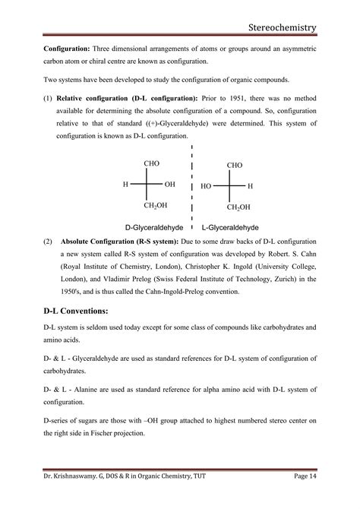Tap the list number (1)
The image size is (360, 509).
click(47, 98)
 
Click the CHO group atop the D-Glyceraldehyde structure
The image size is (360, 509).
click(151, 163)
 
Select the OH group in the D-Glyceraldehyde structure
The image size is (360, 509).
click(169, 185)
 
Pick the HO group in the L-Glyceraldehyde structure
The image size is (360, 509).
click(207, 185)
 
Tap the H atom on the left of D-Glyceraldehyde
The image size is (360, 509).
click(126, 185)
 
